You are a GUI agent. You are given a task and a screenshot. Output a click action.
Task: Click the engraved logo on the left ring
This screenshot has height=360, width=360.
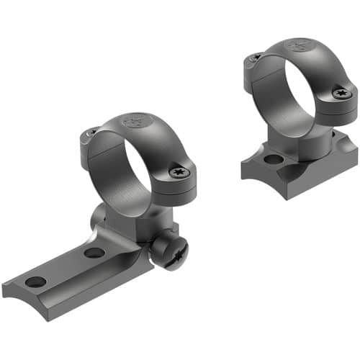134,121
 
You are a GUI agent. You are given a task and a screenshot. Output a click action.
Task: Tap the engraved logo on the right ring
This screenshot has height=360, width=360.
297,47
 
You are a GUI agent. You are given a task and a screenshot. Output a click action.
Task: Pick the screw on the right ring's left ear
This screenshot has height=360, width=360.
253,57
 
